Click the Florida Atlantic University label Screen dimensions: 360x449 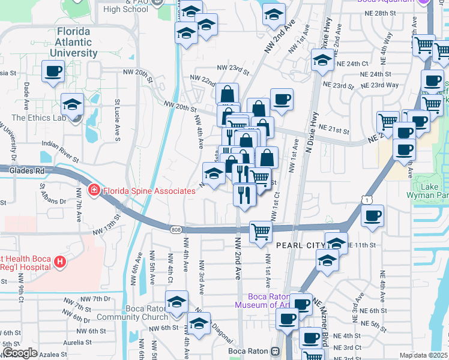[76, 42]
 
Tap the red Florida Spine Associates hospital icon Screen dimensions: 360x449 [93, 191]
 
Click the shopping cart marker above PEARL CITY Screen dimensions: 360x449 [261, 231]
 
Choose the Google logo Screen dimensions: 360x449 [20, 352]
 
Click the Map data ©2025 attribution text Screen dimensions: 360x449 [424, 355]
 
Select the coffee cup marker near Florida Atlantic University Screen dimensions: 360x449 [53, 71]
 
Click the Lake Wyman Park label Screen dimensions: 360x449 [430, 191]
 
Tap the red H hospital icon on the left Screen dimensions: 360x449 [59, 262]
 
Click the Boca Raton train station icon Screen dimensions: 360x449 [276, 351]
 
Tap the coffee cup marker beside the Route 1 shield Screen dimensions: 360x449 [372, 216]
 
